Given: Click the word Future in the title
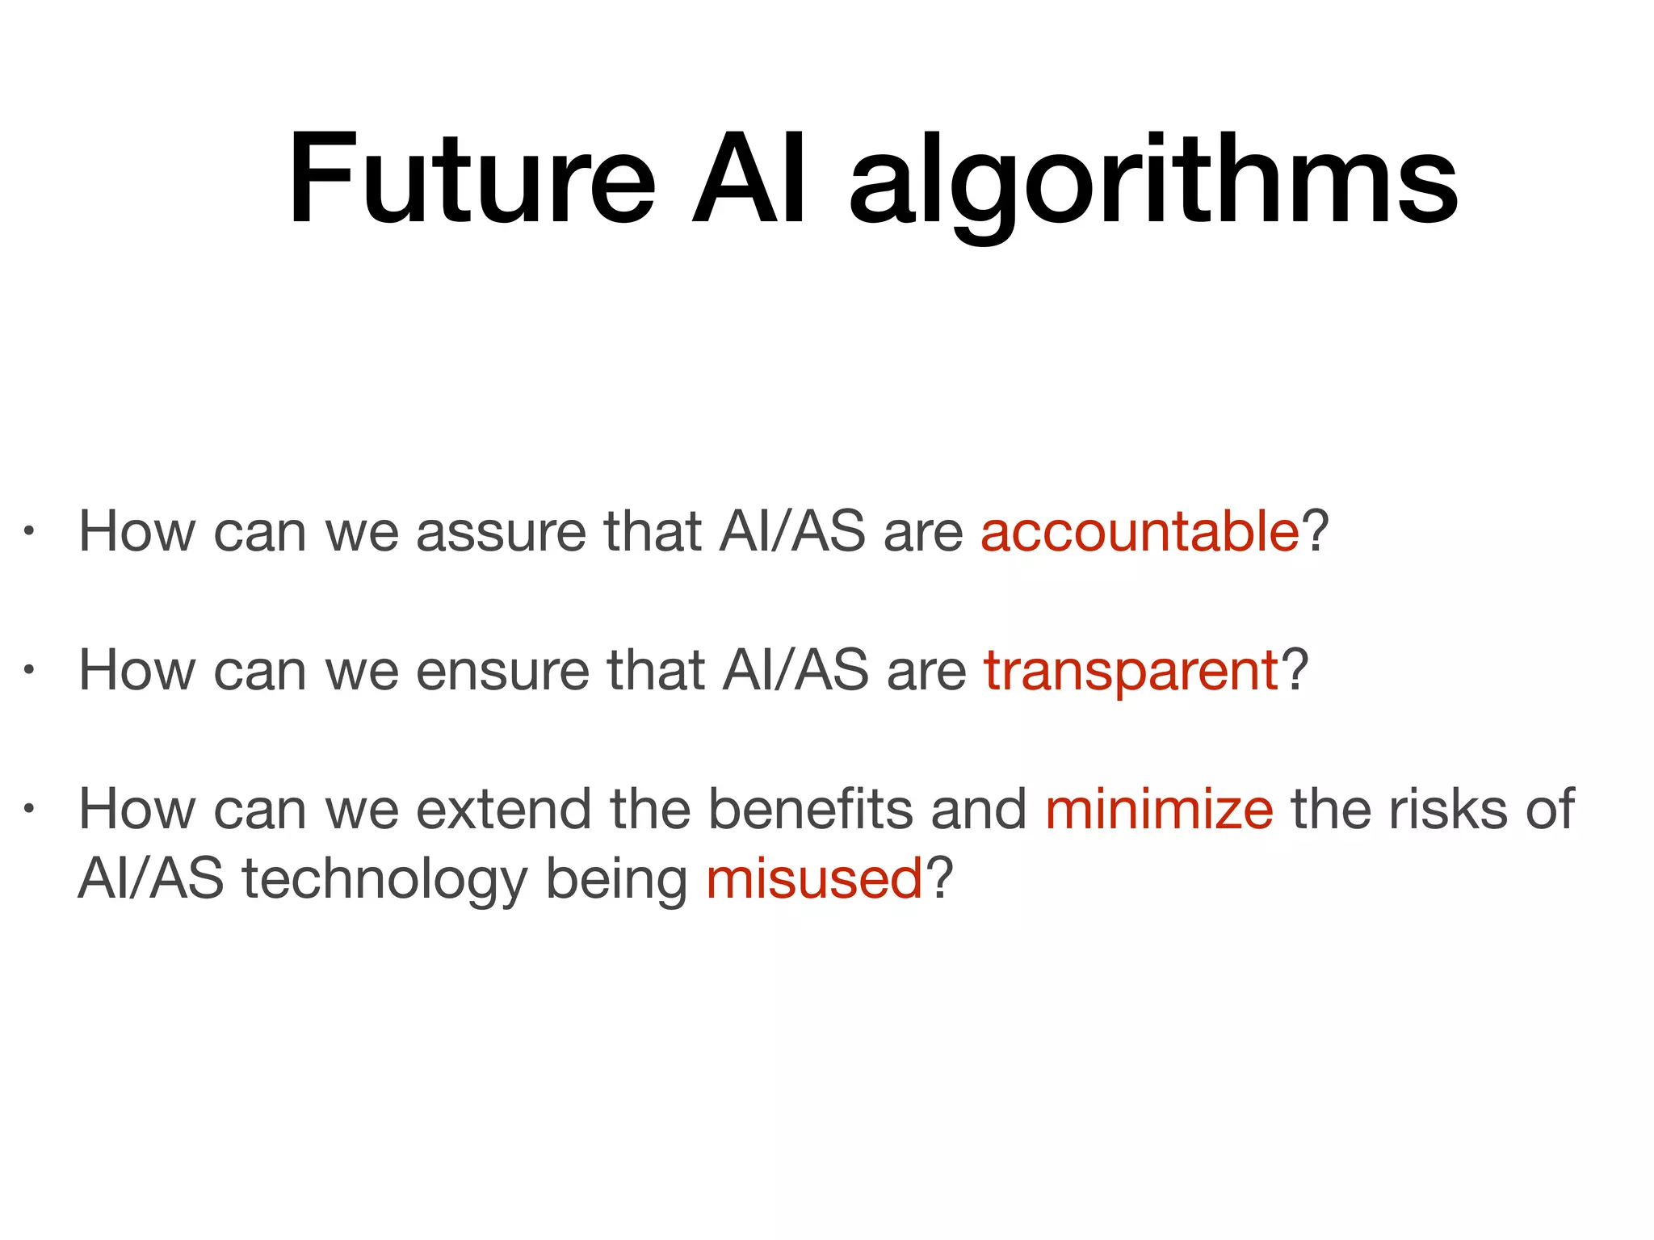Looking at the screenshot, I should tap(472, 179).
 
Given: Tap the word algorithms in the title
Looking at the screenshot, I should tap(1153, 184).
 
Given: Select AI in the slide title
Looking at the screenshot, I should tap(749, 179).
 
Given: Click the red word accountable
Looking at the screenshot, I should tap(1140, 532).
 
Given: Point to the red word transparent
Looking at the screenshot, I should tap(1131, 672).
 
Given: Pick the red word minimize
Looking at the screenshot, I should tap(1159, 809).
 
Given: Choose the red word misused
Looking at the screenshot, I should tap(814, 878).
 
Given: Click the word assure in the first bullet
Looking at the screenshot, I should tap(501, 534).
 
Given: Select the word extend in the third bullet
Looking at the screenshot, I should tap(504, 809).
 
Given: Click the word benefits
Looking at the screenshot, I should tap(810, 809).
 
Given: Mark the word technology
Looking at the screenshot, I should tap(384, 880).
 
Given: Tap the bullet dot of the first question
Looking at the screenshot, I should tap(28, 532).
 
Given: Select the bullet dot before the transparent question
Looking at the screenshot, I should tap(28, 670).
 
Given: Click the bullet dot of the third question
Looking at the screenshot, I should tap(28, 808).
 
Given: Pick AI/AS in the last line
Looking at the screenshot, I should tap(150, 878).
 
